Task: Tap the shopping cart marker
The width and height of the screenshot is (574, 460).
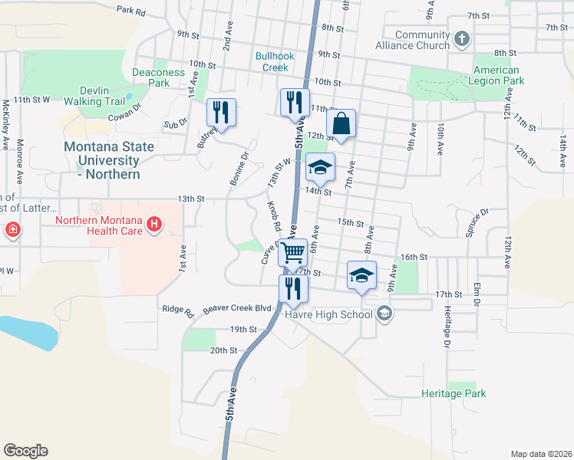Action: tap(292, 252)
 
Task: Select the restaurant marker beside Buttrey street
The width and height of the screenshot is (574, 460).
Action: tap(221, 112)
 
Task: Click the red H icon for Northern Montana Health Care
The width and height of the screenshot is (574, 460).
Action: tap(155, 223)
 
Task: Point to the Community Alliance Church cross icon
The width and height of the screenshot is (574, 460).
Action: tap(462, 38)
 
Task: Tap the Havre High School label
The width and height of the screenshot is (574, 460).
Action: tap(328, 314)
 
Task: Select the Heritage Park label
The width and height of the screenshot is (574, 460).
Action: tap(454, 393)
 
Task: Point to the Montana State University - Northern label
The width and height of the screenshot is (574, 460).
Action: tap(108, 160)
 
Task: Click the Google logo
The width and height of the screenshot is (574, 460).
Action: tap(25, 450)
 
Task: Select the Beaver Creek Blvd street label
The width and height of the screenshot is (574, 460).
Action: tap(238, 308)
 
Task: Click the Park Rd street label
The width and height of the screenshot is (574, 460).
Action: tap(131, 11)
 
